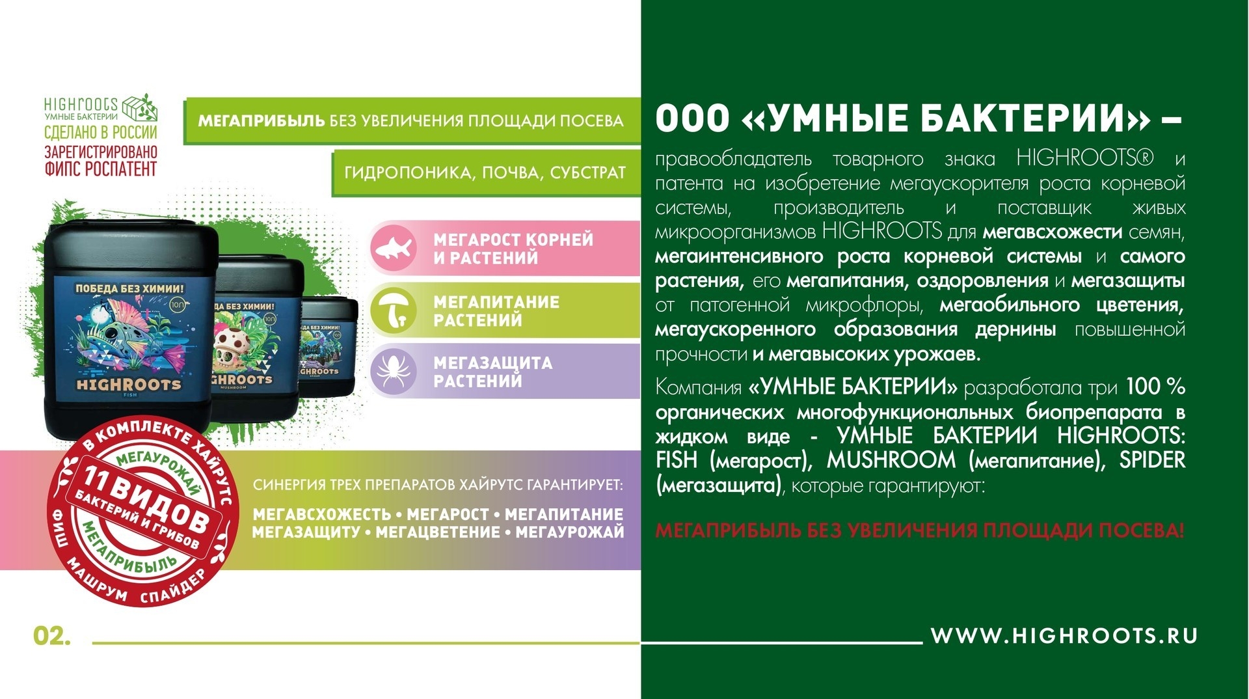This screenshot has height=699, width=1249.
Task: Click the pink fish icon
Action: [x=393, y=248]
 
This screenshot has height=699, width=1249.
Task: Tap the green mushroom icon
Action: [x=393, y=310]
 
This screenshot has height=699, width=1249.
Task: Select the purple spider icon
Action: [x=393, y=371]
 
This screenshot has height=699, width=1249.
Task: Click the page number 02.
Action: [x=52, y=636]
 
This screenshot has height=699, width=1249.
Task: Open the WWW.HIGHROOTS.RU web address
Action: [x=1064, y=636]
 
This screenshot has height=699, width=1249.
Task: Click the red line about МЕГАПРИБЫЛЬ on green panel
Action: [x=919, y=530]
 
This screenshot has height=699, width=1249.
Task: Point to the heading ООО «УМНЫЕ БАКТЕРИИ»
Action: [x=918, y=118]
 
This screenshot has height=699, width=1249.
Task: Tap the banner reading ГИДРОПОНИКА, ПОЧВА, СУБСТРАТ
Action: [x=485, y=172]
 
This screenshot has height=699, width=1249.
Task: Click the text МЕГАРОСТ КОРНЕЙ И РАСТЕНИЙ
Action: [x=513, y=249]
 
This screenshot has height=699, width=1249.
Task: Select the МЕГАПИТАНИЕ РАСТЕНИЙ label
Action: [x=496, y=311]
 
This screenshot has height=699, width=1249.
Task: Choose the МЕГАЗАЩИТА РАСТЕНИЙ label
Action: [x=492, y=372]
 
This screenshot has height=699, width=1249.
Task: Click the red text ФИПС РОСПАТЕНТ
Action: [x=101, y=169]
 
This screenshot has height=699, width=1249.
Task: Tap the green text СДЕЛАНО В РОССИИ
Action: [x=101, y=132]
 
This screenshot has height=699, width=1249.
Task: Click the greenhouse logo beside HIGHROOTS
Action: [x=140, y=107]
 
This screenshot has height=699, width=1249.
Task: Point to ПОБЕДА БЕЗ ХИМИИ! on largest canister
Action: [x=129, y=288]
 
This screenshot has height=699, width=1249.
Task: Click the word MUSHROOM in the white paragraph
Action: [x=891, y=460]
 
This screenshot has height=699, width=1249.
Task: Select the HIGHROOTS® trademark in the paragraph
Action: [x=1085, y=158]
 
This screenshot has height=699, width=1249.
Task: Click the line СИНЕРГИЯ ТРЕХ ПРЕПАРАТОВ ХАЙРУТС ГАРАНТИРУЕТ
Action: [x=438, y=486]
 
